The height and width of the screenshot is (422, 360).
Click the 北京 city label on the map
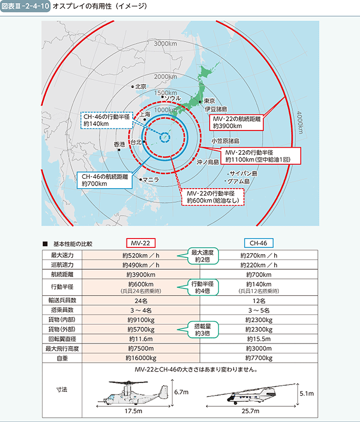pyautogui.click(x=140, y=86)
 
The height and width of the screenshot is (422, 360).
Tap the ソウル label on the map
pyautogui.click(x=173, y=98)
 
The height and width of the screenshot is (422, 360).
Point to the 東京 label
pyautogui.click(x=209, y=101)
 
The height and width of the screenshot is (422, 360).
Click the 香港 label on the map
pyautogui.click(x=119, y=144)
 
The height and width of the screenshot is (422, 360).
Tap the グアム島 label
pyautogui.click(x=238, y=181)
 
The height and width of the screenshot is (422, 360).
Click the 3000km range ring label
pyautogui.click(x=165, y=44)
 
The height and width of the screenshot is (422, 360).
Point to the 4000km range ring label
pyautogui.click(x=300, y=123)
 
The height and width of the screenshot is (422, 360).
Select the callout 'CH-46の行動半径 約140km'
pyautogui.click(x=107, y=120)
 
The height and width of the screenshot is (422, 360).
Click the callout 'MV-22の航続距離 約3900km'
pyautogui.click(x=236, y=123)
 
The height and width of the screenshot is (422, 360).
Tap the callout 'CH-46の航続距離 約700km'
pyautogui.click(x=105, y=180)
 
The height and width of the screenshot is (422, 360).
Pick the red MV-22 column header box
pyautogui.click(x=140, y=243)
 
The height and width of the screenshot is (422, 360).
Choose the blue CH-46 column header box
pyautogui.click(x=259, y=243)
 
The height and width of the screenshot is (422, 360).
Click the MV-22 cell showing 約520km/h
pyautogui.click(x=141, y=255)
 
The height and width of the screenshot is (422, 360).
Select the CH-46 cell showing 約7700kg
pyautogui.click(x=259, y=358)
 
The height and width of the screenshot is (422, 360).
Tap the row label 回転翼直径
pyautogui.click(x=62, y=339)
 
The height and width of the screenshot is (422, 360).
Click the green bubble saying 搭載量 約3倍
pyautogui.click(x=203, y=329)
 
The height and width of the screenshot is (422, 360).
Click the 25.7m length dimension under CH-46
pyautogui.click(x=250, y=411)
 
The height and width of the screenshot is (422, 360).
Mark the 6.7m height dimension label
pyautogui.click(x=181, y=392)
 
